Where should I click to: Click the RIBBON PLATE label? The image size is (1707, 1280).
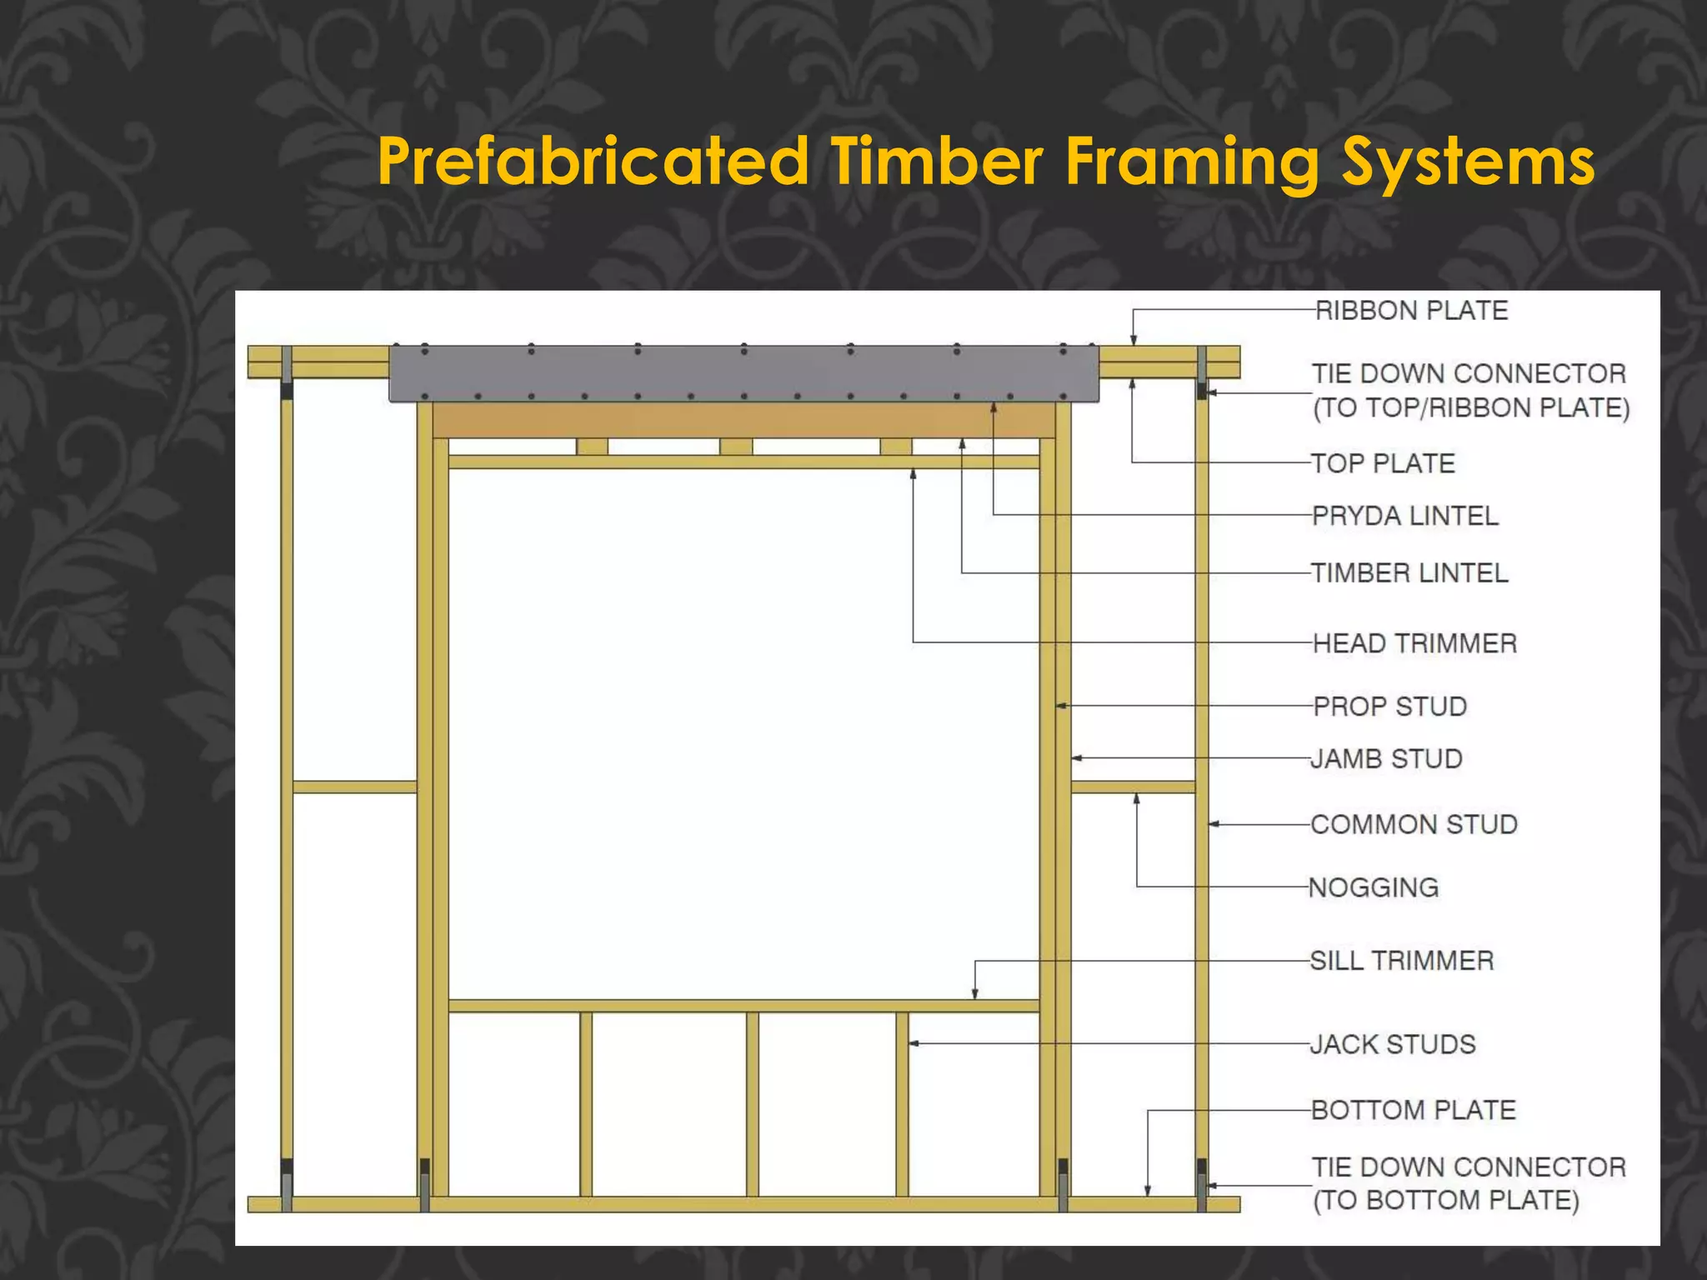click(x=1411, y=311)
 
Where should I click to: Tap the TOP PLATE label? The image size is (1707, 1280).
click(x=1383, y=463)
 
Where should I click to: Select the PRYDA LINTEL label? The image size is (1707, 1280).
click(x=1404, y=516)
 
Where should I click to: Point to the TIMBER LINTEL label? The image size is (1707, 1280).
click(x=1409, y=573)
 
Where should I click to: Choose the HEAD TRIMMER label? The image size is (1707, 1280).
click(x=1414, y=643)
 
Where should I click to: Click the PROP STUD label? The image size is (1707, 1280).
click(x=1389, y=707)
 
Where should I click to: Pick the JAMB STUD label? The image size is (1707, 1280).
click(x=1386, y=759)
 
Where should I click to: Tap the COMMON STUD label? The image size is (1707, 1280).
click(x=1414, y=824)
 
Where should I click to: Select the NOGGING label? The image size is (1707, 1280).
click(x=1374, y=887)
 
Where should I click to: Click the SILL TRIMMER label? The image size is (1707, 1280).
click(x=1402, y=961)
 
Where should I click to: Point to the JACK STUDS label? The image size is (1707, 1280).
click(x=1393, y=1044)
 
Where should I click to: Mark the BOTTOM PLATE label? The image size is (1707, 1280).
click(x=1413, y=1110)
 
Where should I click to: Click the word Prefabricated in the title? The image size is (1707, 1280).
click(x=593, y=161)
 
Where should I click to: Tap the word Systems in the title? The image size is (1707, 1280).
click(x=1467, y=161)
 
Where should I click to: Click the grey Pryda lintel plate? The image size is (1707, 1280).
click(x=743, y=373)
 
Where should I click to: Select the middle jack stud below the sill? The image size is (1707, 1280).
click(x=753, y=1104)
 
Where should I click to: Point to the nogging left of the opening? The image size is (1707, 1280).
click(x=355, y=787)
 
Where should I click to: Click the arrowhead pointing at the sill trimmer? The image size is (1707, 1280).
click(x=975, y=993)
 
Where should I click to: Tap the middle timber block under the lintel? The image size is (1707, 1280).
click(x=736, y=447)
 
